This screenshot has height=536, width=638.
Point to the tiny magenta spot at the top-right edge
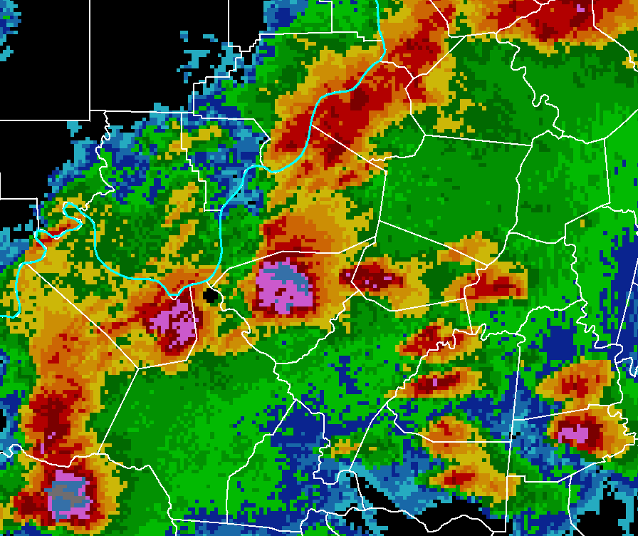click(583, 8)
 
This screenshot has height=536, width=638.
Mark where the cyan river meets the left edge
click(3, 314)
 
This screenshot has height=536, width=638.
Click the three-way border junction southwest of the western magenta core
click(137, 368)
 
